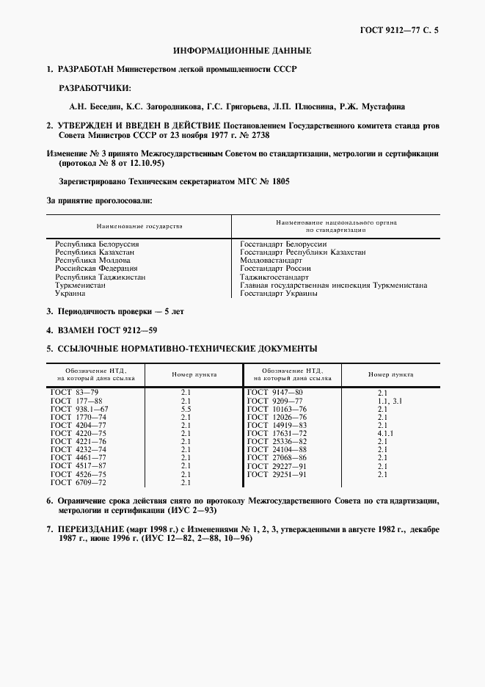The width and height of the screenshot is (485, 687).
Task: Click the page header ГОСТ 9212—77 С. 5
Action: click(x=404, y=30)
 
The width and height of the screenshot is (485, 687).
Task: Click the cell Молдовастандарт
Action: click(x=271, y=261)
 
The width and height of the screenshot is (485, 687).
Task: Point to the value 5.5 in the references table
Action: click(x=186, y=408)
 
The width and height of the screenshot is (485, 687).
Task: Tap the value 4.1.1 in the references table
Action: click(x=386, y=433)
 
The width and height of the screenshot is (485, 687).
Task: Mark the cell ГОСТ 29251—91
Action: click(x=277, y=474)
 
